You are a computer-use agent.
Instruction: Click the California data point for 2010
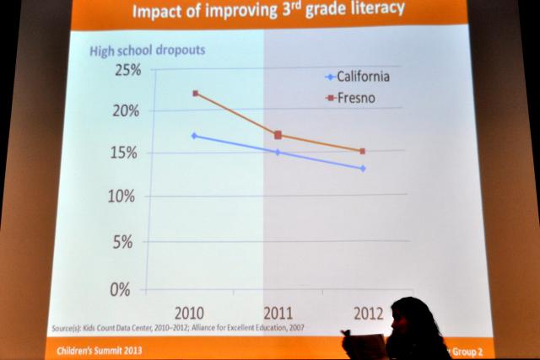point(195,136)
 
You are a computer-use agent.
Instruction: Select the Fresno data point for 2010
point(196,93)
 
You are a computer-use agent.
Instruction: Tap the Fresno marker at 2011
point(278,135)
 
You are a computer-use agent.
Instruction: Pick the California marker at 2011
point(278,153)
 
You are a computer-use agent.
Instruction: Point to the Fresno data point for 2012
point(362,152)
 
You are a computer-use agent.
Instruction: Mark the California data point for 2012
point(363,169)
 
